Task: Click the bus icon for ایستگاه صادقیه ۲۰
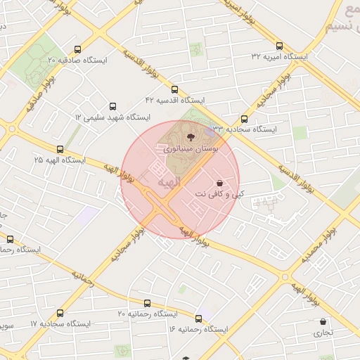click(x=77, y=50)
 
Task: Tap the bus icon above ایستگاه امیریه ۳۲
click(x=279, y=46)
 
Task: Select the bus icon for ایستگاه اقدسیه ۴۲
click(x=174, y=89)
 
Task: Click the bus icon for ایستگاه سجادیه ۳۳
click(x=244, y=120)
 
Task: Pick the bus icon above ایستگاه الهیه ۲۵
click(x=60, y=149)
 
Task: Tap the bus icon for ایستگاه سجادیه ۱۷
click(x=60, y=313)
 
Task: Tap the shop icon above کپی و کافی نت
click(x=221, y=181)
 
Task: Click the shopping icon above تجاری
click(x=323, y=321)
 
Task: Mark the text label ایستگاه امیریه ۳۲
click(x=280, y=56)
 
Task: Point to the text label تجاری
click(x=323, y=333)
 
